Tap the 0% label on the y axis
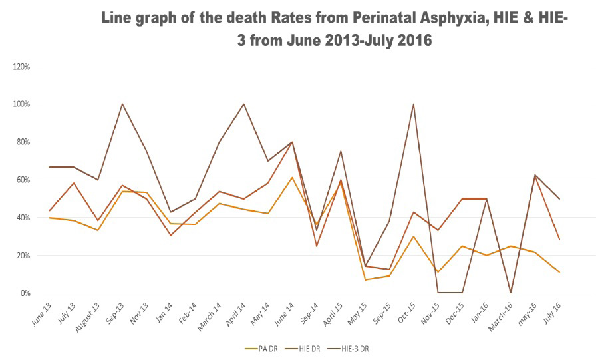coord(25,293)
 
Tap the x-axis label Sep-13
coord(114,309)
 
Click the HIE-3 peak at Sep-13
coord(122,104)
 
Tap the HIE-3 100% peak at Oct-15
coord(414,104)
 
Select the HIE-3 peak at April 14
coord(244,104)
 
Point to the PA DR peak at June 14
coord(293,178)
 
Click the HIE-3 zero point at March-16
coord(510,293)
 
